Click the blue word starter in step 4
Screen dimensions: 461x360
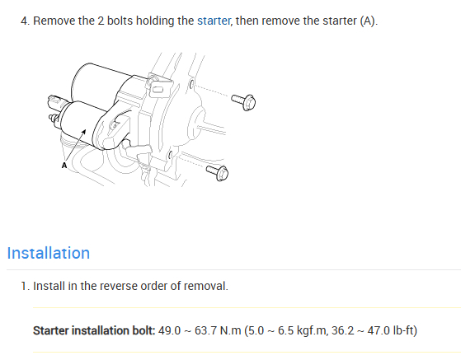pyautogui.click(x=214, y=21)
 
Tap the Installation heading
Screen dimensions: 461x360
pyautogui.click(x=49, y=253)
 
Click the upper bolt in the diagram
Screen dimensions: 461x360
pyautogui.click(x=243, y=102)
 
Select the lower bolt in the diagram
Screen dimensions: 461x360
pyautogui.click(x=218, y=173)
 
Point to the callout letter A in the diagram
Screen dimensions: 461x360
pyautogui.click(x=64, y=166)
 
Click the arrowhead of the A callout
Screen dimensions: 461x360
pyautogui.click(x=84, y=132)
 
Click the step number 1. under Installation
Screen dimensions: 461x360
pyautogui.click(x=26, y=286)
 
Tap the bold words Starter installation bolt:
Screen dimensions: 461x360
pyautogui.click(x=94, y=330)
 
